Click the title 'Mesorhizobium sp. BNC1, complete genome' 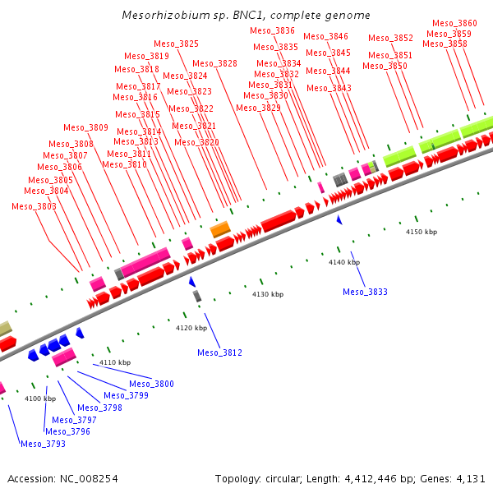point(246,15)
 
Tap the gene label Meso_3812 point(219,352)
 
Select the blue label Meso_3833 point(365,292)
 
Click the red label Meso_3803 point(34,206)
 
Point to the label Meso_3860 point(454,23)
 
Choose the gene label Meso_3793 point(43,444)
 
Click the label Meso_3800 point(151,384)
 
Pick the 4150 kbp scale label point(422,232)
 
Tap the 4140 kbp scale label point(344,262)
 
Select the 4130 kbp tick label point(267,294)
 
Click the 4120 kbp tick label point(191,328)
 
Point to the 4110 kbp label point(115,362)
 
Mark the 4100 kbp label point(39,399)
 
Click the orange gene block point(220,229)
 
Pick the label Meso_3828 point(214,63)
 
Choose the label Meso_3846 point(325,36)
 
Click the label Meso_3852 point(390,38)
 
